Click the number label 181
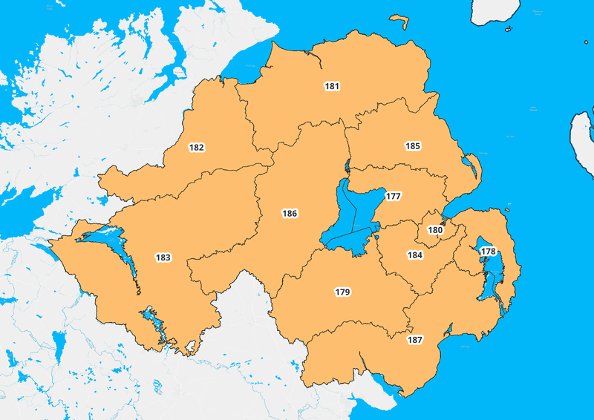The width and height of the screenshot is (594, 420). (x=332, y=87)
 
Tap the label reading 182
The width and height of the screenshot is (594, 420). (x=197, y=148)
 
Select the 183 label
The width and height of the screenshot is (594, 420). (x=163, y=257)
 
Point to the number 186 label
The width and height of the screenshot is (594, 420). (x=290, y=214)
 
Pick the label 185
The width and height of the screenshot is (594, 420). (x=413, y=146)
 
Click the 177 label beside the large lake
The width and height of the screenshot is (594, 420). (x=394, y=197)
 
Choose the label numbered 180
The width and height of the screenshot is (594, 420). (x=435, y=231)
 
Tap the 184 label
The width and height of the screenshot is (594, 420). (x=415, y=255)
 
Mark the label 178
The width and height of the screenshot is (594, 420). (x=488, y=252)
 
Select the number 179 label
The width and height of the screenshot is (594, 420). (x=342, y=292)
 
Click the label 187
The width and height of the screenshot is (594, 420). (x=415, y=340)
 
